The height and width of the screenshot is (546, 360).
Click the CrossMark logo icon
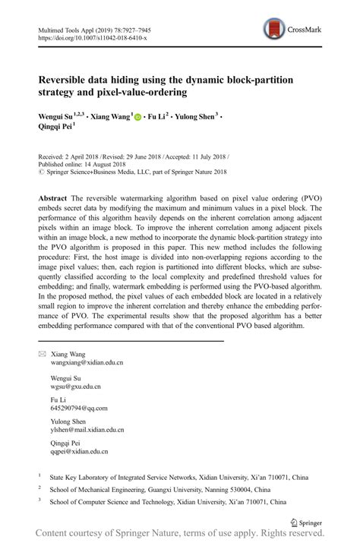pos(272,30)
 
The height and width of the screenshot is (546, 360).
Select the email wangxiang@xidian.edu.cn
pos(88,364)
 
